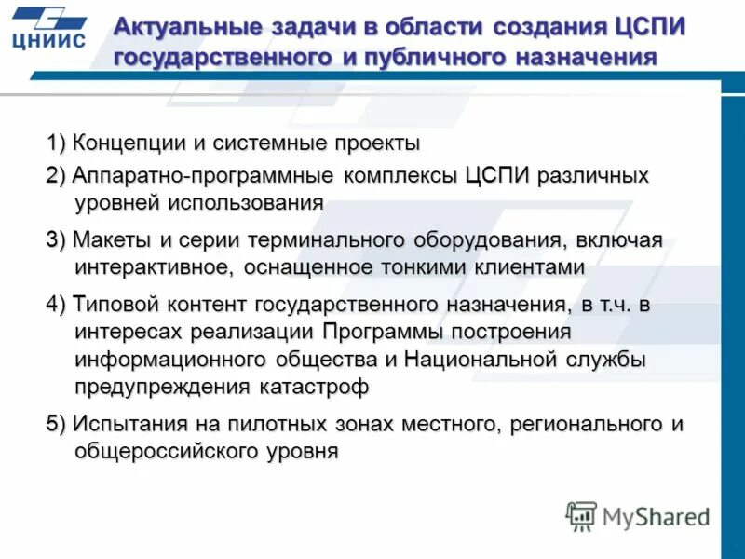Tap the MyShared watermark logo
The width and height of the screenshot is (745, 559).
click(638, 515)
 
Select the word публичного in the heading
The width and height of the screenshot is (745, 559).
click(421, 57)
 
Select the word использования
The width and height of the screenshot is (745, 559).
click(246, 202)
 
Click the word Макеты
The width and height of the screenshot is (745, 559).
click(113, 239)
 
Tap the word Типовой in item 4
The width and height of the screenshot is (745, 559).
click(116, 304)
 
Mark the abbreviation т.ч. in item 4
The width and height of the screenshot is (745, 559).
click(614, 304)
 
